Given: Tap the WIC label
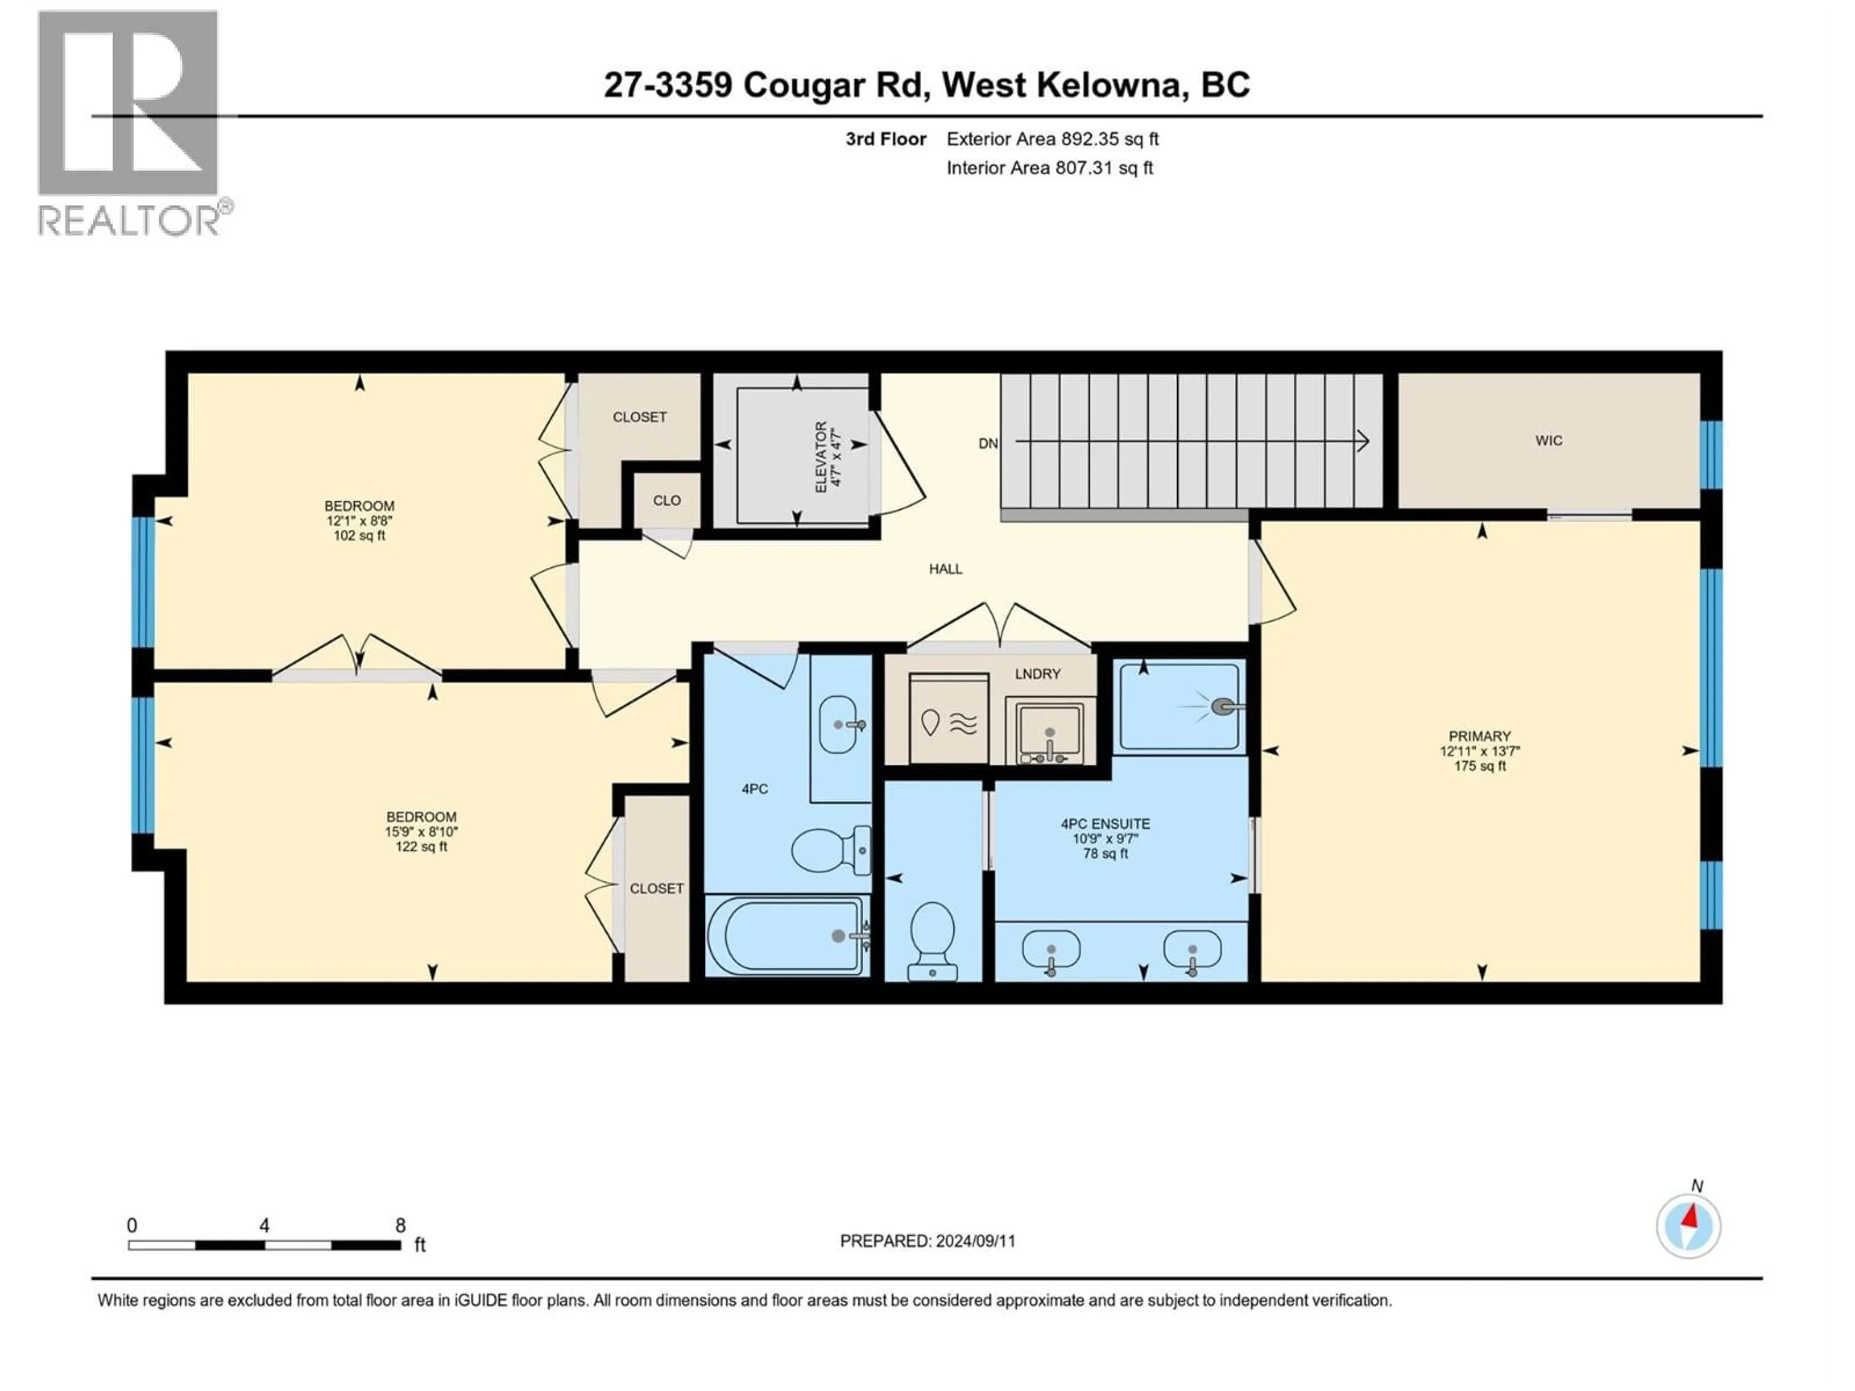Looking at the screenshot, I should [x=1548, y=441].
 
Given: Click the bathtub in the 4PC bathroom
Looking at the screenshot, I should [x=786, y=936].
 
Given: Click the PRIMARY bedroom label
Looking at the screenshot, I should [x=1479, y=736].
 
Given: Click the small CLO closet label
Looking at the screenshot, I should [x=667, y=500].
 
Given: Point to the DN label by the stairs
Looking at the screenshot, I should [x=988, y=443].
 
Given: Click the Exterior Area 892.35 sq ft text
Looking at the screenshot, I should [x=1053, y=139].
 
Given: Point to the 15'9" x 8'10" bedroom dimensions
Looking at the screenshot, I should [x=421, y=832].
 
